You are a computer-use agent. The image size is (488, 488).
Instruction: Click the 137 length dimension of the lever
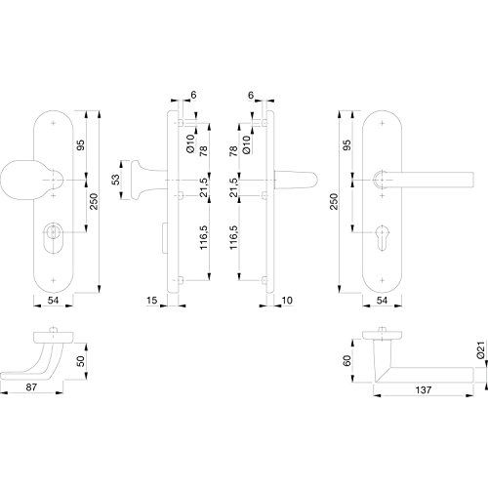point(423,389)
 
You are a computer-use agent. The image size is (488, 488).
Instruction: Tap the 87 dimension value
point(31,387)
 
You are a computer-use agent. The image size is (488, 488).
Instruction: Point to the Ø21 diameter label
point(481,349)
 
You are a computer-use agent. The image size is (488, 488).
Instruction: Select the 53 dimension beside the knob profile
point(116,180)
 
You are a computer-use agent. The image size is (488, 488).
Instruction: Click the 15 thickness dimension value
point(151,300)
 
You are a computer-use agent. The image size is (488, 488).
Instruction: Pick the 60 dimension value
point(347,360)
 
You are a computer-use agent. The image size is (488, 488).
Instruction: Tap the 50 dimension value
point(80,361)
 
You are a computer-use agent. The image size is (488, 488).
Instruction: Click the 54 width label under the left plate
point(53,300)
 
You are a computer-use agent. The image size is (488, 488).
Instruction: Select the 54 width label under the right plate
point(382,300)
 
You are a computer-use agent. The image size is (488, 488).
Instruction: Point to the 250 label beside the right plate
point(334,201)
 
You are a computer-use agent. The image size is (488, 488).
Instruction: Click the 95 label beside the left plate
point(80,144)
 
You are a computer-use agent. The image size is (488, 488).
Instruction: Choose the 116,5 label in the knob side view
point(204,237)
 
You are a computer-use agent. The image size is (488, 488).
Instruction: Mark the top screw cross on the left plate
point(54,124)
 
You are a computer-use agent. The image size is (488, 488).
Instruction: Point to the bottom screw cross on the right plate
point(383,280)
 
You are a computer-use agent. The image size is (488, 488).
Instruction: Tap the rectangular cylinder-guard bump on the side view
point(164,237)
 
